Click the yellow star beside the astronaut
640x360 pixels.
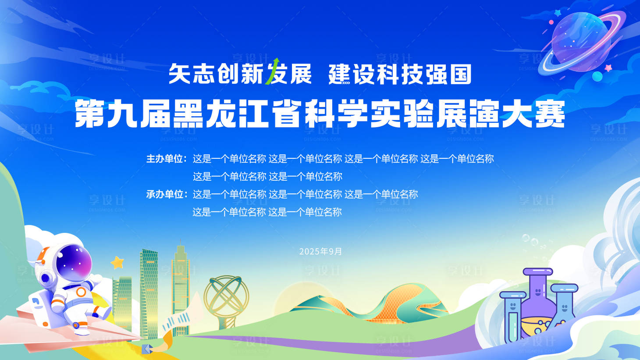tap(117, 263)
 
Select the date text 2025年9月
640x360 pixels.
tap(320, 252)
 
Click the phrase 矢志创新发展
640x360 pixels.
tap(240, 74)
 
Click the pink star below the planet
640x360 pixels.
tap(608, 68)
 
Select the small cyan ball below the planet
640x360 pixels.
tap(597, 77)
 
